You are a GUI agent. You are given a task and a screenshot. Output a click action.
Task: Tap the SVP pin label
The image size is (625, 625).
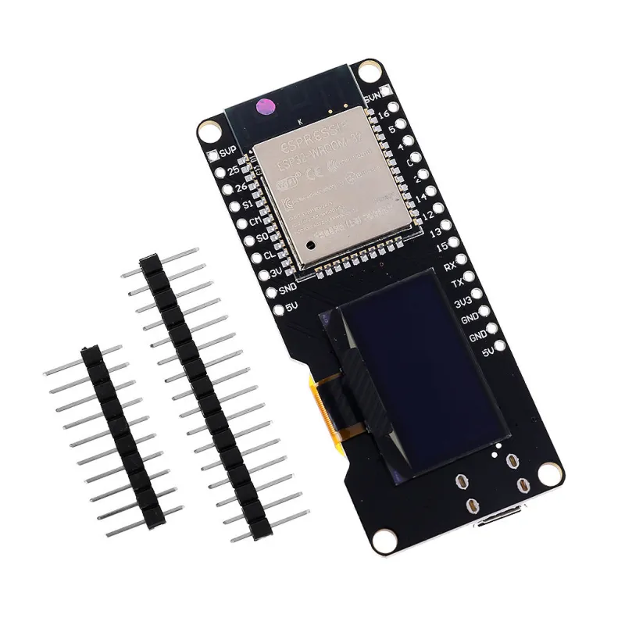(228, 152)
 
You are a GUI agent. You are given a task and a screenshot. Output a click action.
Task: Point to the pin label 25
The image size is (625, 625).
(233, 170)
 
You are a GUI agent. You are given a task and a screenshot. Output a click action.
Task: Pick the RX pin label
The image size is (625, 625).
(449, 267)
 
